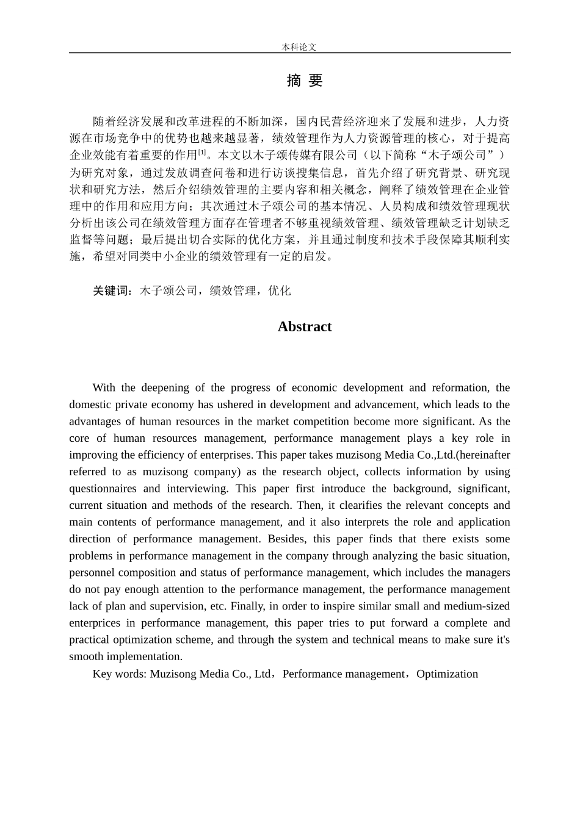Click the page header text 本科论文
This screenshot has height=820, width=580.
click(299, 47)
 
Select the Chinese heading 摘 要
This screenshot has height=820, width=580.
click(304, 81)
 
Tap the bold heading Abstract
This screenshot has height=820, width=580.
click(304, 327)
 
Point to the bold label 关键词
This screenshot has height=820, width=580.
click(112, 291)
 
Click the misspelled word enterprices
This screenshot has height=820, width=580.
click(95, 624)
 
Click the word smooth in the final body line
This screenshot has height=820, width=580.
click(85, 657)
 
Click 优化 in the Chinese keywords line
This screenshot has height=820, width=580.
click(280, 291)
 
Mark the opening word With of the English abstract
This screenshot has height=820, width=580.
click(103, 388)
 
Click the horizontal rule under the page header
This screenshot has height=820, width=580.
click(289, 53)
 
